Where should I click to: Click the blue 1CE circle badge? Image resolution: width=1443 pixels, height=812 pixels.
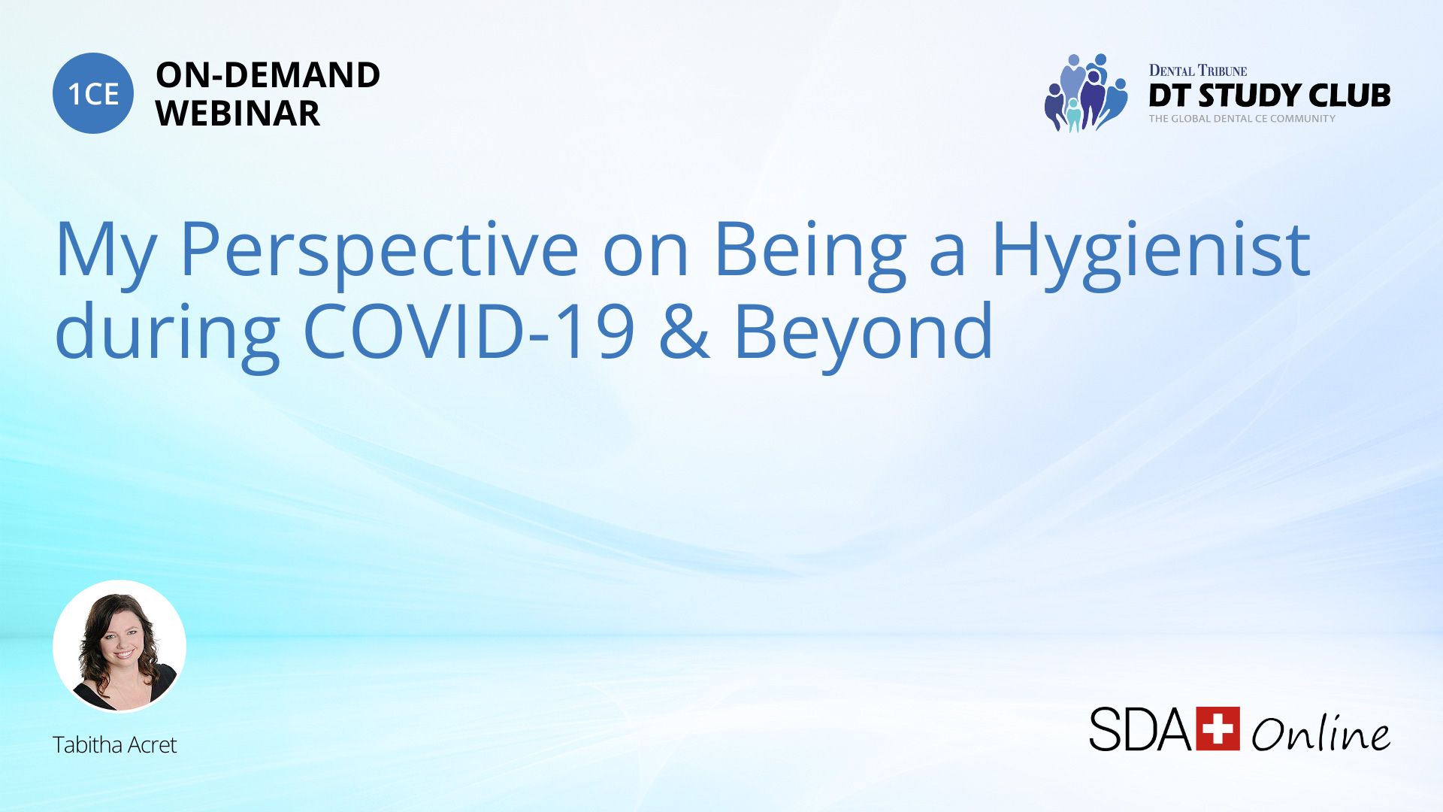click(93, 93)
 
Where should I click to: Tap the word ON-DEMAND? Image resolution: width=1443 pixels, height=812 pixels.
click(268, 75)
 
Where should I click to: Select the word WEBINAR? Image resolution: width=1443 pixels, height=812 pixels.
click(237, 114)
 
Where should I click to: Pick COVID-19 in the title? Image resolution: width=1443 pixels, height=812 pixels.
click(470, 332)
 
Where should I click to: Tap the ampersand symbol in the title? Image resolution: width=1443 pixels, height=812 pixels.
click(684, 332)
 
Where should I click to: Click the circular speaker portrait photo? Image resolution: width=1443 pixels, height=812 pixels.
click(119, 647)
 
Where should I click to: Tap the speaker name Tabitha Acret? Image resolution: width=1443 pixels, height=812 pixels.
click(114, 744)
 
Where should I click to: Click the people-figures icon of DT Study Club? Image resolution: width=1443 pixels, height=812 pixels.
click(1086, 92)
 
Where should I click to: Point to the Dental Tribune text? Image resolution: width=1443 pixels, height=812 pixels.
click(1198, 71)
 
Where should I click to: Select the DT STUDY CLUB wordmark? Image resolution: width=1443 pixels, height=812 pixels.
click(1269, 95)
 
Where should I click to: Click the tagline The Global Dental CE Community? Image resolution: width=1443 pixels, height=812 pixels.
click(1242, 119)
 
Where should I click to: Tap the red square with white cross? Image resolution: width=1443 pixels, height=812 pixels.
click(1218, 729)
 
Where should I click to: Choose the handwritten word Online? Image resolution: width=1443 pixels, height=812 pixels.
click(1320, 732)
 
